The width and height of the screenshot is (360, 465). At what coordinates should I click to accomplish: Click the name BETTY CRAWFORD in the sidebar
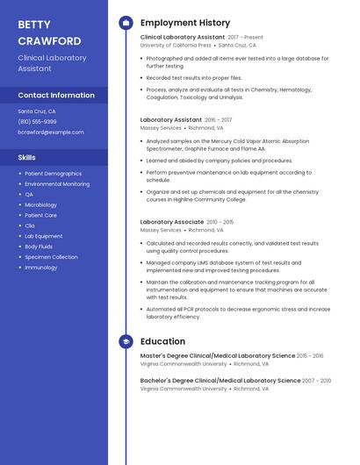(x=49, y=32)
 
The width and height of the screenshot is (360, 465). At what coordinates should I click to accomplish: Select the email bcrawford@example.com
(x=51, y=132)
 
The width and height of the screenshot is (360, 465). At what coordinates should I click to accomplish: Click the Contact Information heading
(x=56, y=95)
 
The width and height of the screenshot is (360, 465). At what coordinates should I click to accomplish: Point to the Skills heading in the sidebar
(x=27, y=157)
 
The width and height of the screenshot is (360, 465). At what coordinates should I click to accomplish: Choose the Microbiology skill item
(x=40, y=204)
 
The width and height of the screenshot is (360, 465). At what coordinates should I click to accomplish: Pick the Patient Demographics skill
(x=53, y=174)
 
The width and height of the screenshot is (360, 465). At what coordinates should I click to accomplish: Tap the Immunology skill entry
(x=40, y=268)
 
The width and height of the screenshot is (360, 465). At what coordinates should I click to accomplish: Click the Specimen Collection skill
(x=51, y=257)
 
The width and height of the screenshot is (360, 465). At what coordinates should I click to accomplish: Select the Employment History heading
(x=185, y=23)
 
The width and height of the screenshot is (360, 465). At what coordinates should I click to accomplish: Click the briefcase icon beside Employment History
(x=126, y=23)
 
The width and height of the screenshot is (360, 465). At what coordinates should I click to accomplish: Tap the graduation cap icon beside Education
(x=126, y=341)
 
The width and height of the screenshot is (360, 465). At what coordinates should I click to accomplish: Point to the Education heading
(x=162, y=341)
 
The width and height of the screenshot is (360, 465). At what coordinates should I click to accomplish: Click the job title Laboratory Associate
(x=173, y=223)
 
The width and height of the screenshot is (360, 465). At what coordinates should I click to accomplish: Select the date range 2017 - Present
(x=245, y=38)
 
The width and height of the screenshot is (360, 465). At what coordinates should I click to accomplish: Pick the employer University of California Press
(x=176, y=45)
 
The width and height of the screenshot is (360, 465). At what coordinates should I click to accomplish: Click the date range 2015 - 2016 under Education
(x=310, y=356)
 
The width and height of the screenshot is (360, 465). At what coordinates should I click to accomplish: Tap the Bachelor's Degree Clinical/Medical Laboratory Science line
(x=220, y=381)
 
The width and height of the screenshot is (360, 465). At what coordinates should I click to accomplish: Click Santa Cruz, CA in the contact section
(x=37, y=111)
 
